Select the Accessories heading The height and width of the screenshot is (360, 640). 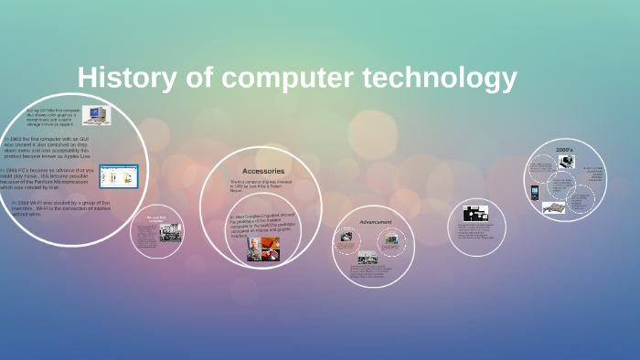[x=263, y=171]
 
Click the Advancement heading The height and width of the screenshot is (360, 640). [x=375, y=222]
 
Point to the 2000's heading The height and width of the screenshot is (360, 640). [x=565, y=149]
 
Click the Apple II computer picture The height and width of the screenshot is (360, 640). [x=95, y=114]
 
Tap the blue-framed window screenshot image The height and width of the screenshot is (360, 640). [x=118, y=175]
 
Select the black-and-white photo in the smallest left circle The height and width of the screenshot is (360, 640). [x=170, y=232]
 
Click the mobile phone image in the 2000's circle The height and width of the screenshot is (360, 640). [x=534, y=193]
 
